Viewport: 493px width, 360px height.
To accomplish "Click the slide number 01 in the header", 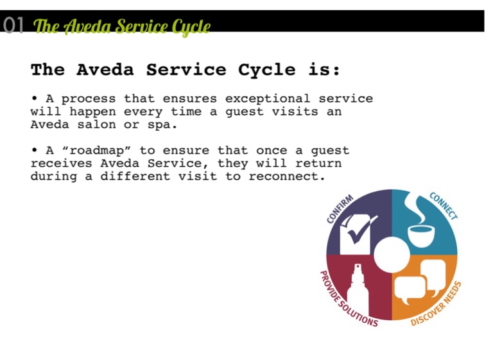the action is [13, 25].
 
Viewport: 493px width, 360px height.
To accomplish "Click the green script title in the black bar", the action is [122, 27].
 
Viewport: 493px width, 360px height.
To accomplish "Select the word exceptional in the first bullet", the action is [268, 99].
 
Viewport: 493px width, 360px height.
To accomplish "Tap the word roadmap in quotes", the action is [96, 151].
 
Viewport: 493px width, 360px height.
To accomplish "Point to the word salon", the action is [96, 125].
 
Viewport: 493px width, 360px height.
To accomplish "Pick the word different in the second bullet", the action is [135, 176].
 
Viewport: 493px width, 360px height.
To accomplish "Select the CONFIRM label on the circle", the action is [340, 209].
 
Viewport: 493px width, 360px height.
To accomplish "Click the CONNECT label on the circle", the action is [444, 206].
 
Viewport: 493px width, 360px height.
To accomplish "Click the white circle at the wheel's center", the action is [392, 255].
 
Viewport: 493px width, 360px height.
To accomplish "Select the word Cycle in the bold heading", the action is [266, 70].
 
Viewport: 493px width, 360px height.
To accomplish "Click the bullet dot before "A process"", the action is [34, 98].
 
